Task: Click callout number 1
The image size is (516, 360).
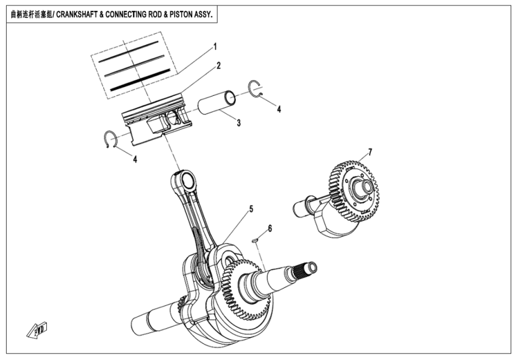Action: (x=215, y=46)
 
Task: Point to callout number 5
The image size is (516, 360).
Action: (x=251, y=209)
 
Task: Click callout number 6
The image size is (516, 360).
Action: (x=270, y=229)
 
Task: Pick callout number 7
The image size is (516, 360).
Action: (x=370, y=152)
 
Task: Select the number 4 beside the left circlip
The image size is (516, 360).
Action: (x=135, y=160)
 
